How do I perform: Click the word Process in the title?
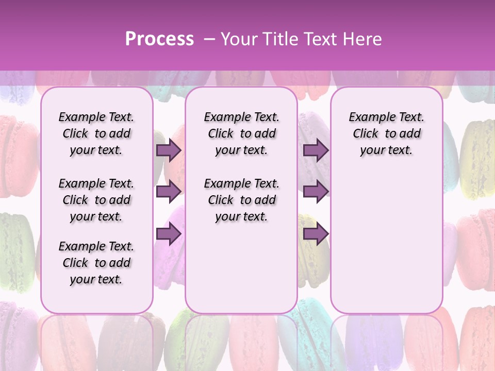tap(159, 39)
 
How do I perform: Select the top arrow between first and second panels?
tap(168, 150)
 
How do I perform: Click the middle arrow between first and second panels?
tap(168, 192)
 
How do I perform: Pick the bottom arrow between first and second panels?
tap(168, 234)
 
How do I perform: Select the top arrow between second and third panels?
tap(316, 150)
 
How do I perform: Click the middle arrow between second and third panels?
tap(316, 192)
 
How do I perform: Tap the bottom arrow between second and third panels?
tap(316, 234)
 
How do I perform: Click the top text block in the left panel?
tap(96, 133)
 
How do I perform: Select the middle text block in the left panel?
tap(96, 200)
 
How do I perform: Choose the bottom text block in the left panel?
tap(96, 263)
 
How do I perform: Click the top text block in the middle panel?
tap(241, 133)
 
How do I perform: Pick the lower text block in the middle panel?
tap(241, 200)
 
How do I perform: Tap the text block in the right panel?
tap(387, 133)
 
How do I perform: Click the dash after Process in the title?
tap(209, 39)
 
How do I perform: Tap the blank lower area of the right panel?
tap(387, 247)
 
